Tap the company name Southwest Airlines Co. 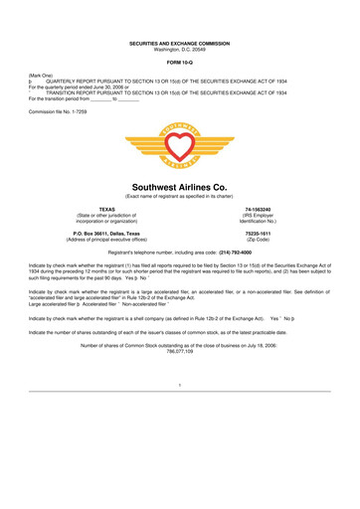click(x=180, y=187)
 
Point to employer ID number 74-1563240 click(x=259, y=210)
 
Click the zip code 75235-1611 click(x=259, y=233)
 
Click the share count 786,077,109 click(x=180, y=351)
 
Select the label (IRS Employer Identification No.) click(x=259, y=219)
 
